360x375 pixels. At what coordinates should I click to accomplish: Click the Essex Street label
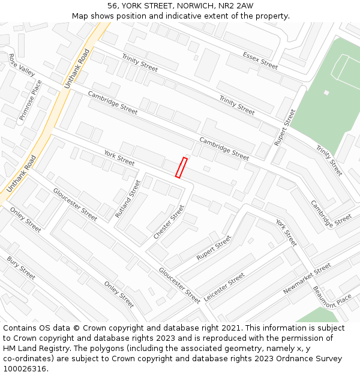click(260, 60)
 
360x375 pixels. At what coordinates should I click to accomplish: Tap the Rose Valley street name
click(22, 65)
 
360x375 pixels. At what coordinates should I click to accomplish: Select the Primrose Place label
click(31, 100)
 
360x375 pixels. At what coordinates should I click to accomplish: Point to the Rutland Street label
click(128, 198)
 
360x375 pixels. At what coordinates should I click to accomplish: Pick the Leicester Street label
click(224, 287)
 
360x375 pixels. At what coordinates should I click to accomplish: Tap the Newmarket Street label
click(307, 278)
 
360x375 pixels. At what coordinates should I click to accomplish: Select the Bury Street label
click(21, 268)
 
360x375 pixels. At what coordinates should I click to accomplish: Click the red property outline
click(181, 167)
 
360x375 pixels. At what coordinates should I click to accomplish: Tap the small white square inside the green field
click(326, 92)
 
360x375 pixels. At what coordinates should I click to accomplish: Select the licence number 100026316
click(25, 369)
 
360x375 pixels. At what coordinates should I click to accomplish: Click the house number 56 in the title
click(113, 6)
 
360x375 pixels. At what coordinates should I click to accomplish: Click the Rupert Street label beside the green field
click(285, 127)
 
